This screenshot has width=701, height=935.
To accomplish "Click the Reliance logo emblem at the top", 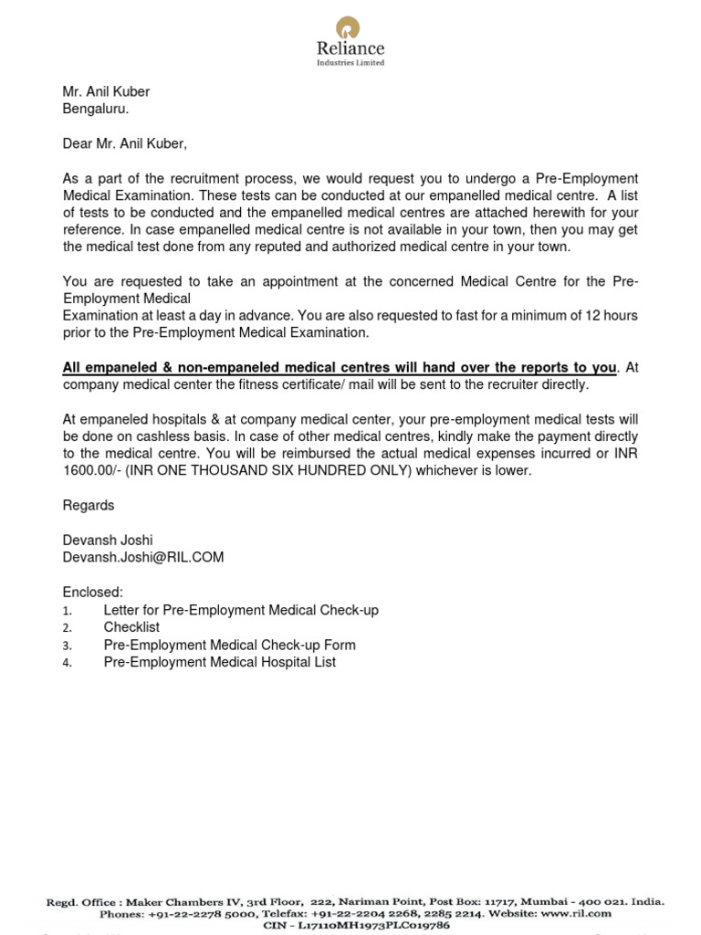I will point(350,26).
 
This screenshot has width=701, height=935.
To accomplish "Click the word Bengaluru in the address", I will point(95,109).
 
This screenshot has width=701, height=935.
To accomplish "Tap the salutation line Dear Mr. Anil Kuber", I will point(124,143).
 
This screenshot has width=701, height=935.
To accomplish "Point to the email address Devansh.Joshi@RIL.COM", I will point(142,557).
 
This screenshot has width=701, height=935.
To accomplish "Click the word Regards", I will point(89,505).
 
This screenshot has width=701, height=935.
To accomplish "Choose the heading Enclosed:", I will point(92,593).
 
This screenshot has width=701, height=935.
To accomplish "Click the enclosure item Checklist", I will point(131,627).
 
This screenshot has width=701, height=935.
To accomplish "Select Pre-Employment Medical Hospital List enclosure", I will point(219,662).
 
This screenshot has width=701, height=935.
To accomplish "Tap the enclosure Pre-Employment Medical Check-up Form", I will point(229,645).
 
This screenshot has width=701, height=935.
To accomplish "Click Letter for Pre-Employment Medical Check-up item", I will point(241,610).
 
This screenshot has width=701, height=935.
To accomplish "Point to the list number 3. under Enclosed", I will point(67,646).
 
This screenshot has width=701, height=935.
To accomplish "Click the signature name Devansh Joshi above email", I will point(108,541).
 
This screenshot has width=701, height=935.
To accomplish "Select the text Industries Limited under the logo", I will point(350,63).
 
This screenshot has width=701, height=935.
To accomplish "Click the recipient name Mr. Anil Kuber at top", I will point(106,91).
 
